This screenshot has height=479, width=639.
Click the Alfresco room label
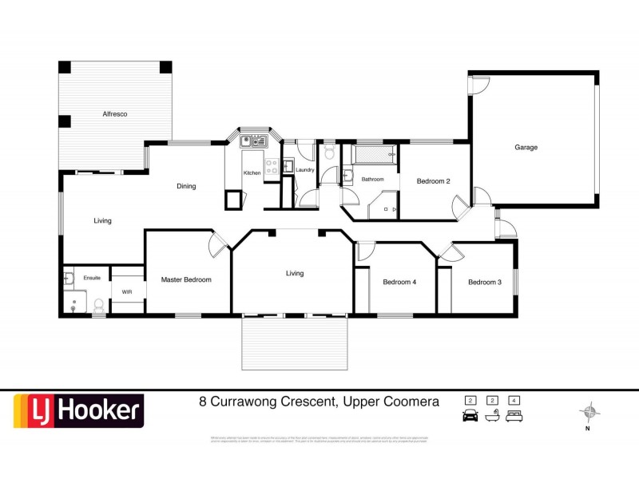(115, 114)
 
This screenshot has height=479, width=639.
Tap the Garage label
(526, 148)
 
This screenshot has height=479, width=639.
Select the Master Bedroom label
(186, 279)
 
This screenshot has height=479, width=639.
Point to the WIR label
(126, 292)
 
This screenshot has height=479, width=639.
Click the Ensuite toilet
(97, 304)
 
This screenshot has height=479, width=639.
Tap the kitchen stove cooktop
(272, 167)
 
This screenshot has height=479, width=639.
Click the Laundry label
(304, 169)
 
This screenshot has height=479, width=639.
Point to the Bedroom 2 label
(434, 181)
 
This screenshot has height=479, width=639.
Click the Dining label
(186, 186)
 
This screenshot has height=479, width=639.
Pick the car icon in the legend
(470, 415)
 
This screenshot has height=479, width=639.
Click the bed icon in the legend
(515, 415)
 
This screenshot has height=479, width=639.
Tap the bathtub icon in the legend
(493, 415)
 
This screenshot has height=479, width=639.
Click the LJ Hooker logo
(77, 411)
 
